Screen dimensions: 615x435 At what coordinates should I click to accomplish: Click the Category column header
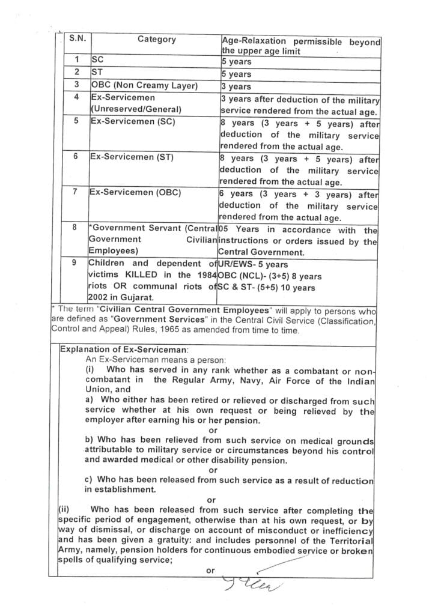point(157,39)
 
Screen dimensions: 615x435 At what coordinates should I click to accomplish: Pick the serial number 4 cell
point(76,97)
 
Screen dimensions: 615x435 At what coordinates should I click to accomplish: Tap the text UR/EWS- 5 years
point(253,264)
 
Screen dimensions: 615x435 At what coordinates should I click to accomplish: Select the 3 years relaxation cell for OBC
point(236,86)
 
